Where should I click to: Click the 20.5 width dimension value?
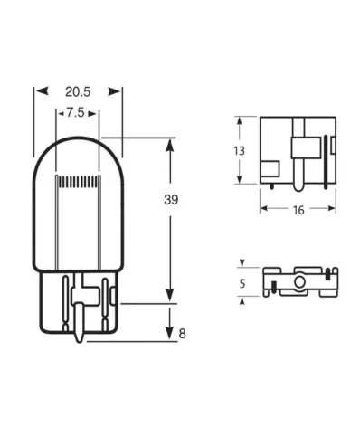click(78, 91)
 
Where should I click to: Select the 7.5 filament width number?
click(78, 114)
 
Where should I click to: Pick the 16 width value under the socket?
click(298, 210)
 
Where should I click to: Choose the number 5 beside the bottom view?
click(240, 283)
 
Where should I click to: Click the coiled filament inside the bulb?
click(78, 183)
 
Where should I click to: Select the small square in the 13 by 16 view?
click(269, 167)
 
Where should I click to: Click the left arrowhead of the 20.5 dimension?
click(38, 91)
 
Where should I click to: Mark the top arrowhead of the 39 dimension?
click(169, 143)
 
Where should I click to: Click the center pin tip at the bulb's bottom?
click(79, 342)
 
